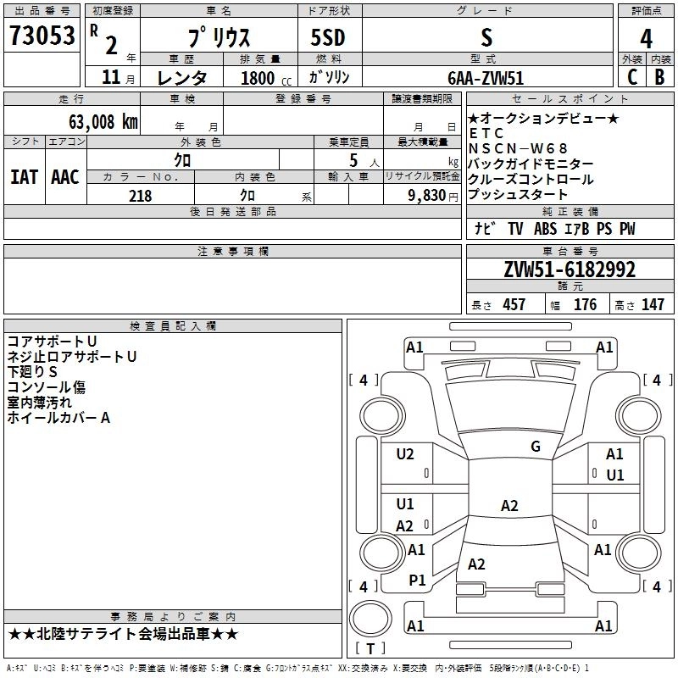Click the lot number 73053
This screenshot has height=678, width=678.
pos(42,36)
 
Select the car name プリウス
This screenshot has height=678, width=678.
pos(218,39)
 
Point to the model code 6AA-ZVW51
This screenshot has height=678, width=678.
pos(486,77)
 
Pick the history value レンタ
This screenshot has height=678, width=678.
pos(182,78)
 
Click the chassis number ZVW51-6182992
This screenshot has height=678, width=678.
pos(570,270)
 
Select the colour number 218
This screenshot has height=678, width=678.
pos(140,196)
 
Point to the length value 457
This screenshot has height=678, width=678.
pos(514,305)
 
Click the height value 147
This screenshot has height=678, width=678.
pos(653,305)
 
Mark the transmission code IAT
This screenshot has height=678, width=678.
pos(24,177)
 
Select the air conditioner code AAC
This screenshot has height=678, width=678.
pos(64,177)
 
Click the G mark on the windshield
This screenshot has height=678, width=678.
pos(535,447)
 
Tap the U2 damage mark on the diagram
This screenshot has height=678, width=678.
pos(405,454)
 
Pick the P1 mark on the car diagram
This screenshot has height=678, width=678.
pos(417,580)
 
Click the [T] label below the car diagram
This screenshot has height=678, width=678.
pos(370,648)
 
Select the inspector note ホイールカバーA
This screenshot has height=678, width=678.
pos(58,418)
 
